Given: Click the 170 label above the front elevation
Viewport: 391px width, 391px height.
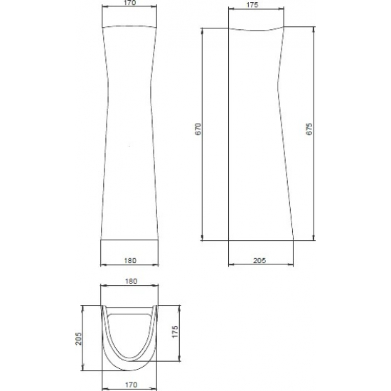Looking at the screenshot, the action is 129,3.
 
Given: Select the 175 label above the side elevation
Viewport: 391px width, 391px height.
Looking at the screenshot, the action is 252,5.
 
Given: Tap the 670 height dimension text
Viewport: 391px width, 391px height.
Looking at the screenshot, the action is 198,129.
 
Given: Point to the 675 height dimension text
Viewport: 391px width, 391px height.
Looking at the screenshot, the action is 309,129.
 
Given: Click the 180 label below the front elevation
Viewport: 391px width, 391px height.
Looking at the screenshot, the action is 130,261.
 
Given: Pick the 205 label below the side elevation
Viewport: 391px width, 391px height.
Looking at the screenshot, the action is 259,261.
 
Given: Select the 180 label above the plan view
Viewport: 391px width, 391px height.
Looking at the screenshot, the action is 131,282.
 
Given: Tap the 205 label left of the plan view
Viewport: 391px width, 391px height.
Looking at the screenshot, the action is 78,338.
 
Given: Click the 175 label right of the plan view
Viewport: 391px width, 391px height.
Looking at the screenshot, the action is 176,332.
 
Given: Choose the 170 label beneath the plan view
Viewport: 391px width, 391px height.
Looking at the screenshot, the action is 132,385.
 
